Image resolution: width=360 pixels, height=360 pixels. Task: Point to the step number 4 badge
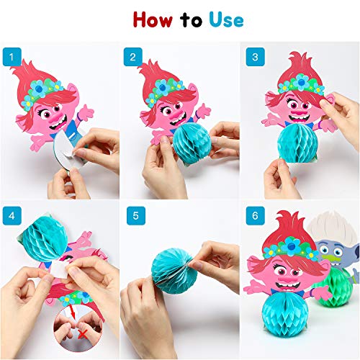(x=10, y=216)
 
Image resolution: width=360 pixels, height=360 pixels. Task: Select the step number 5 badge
(x=130, y=216)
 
